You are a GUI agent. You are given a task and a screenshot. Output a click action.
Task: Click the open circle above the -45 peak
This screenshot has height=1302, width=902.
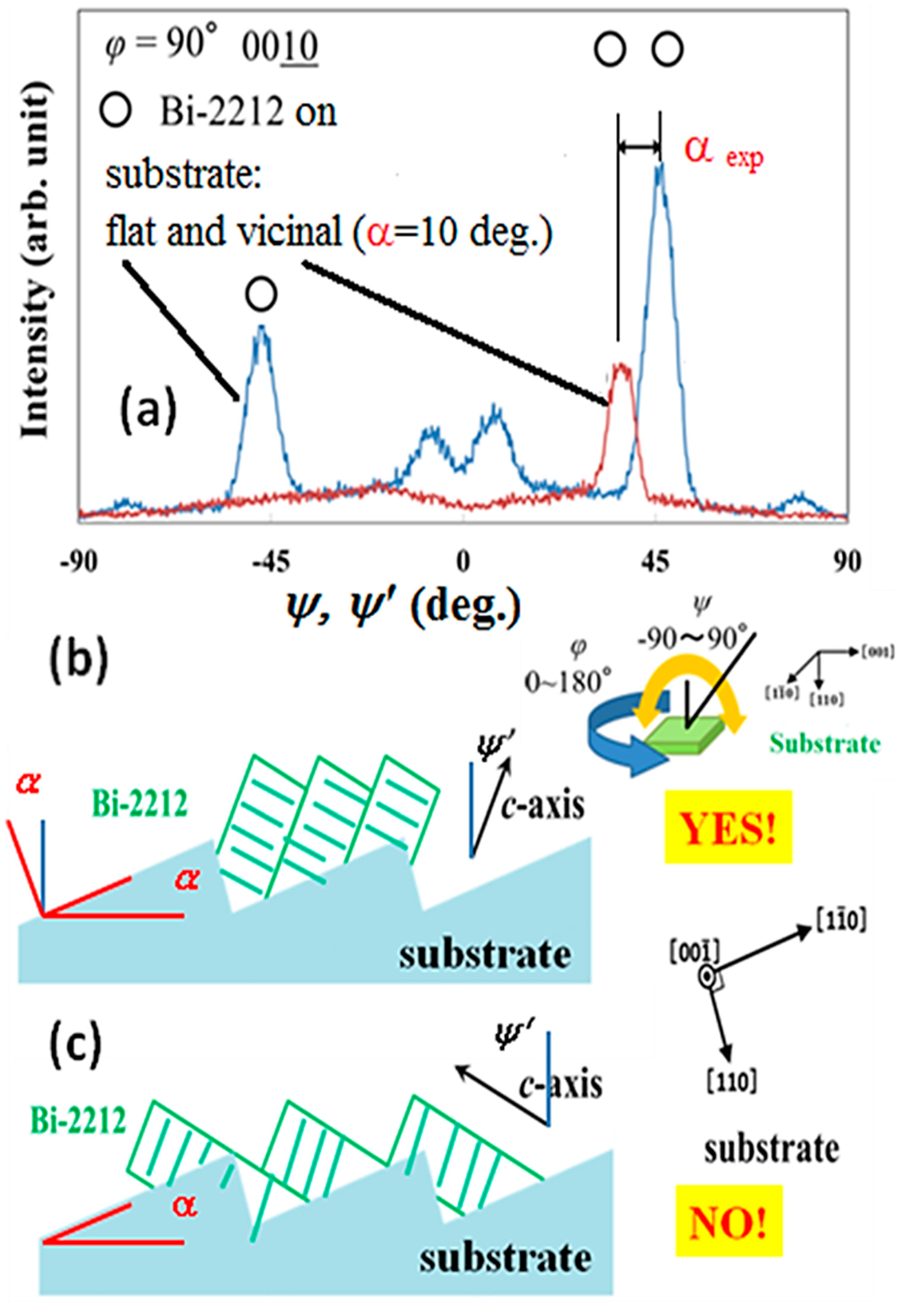point(261,294)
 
